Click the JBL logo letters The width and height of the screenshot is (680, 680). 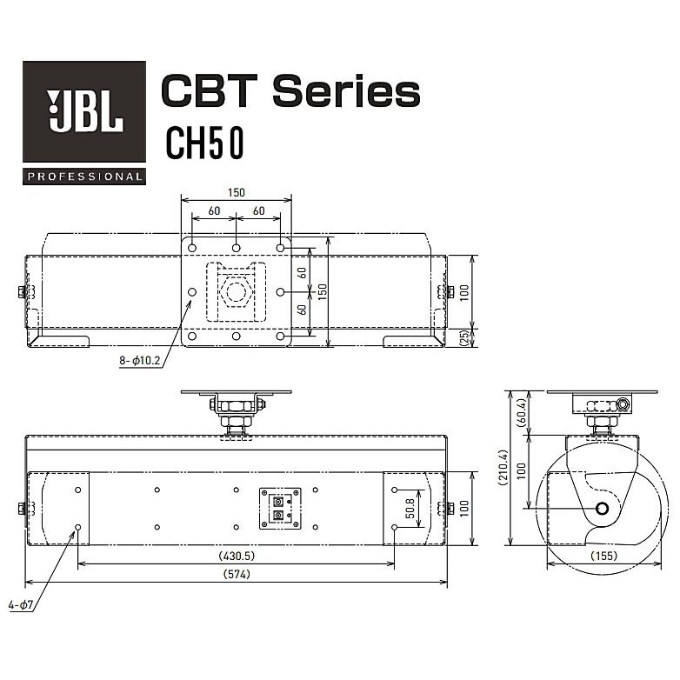[x=85, y=111]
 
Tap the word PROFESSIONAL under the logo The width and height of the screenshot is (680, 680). [x=84, y=177]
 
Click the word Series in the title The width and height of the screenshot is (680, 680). [x=346, y=90]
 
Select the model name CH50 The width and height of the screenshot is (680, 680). [x=204, y=143]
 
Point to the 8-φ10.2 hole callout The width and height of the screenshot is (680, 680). [x=140, y=360]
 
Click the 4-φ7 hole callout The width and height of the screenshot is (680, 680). [x=20, y=604]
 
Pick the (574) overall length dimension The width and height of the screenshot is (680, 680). [x=237, y=574]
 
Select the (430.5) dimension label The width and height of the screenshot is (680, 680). [x=237, y=556]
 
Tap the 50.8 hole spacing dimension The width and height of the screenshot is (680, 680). [x=410, y=509]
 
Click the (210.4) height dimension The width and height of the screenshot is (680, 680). [x=503, y=467]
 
